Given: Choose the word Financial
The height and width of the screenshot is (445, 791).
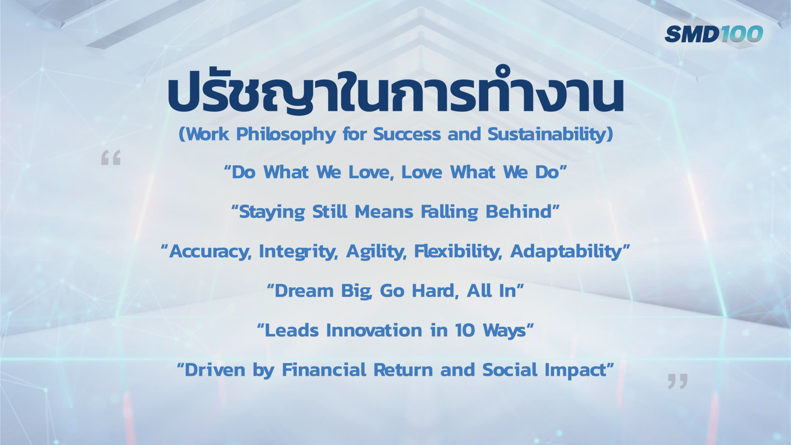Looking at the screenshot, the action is (x=324, y=370).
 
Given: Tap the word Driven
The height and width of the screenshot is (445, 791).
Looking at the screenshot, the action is (x=215, y=370).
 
